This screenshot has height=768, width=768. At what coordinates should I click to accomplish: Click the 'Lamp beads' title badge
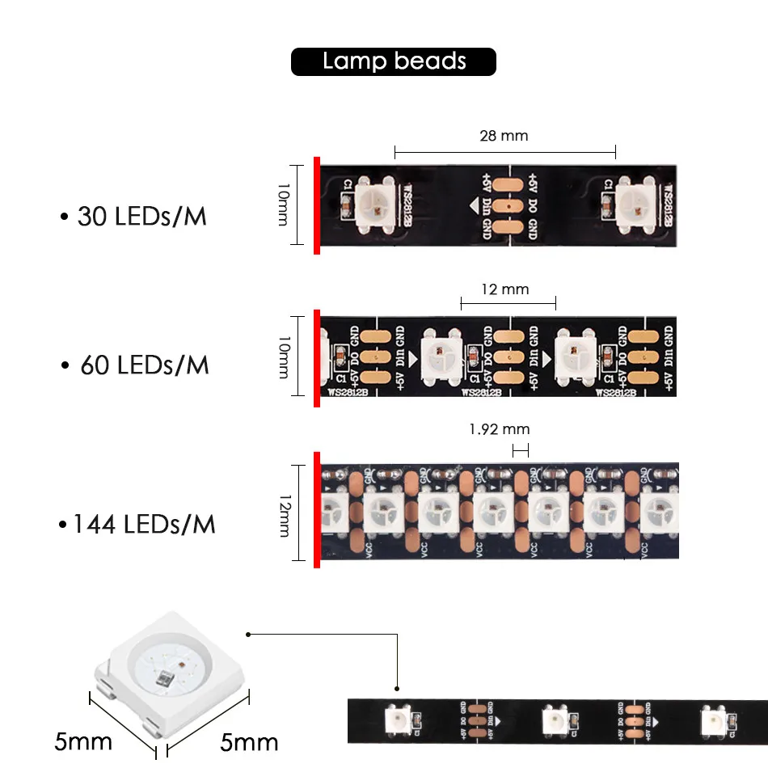394,61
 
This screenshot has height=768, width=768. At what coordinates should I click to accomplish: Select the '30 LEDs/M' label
133,217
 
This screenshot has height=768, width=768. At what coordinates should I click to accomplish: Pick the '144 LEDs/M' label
137,524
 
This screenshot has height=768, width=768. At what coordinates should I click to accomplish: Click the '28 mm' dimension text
504,136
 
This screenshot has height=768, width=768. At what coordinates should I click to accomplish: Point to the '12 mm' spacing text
504,289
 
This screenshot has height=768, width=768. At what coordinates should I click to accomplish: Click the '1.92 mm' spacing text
500,429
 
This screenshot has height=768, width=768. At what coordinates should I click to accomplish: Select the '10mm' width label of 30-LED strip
284,204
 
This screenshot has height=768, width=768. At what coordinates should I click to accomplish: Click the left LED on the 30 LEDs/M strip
375,205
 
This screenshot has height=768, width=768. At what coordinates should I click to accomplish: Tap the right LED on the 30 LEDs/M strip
635,205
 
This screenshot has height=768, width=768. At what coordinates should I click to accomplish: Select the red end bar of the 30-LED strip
317,205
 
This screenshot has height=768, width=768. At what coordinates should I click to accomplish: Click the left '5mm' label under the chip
83,741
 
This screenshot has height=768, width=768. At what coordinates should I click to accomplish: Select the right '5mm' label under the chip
249,741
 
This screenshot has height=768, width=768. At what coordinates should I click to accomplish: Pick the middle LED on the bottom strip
557,718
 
